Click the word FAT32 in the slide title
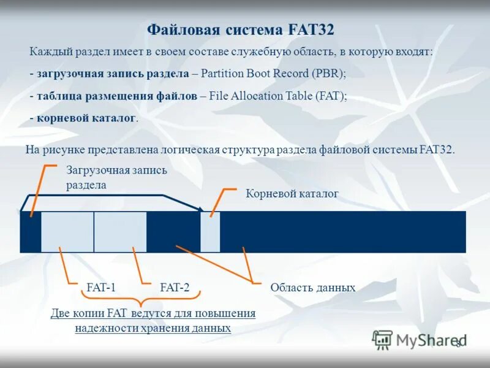310,29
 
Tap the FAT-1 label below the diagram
101,287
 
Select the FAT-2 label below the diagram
175,287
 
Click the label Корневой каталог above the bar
292,194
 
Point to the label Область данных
313,287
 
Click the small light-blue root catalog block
210,232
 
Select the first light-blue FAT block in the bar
67,232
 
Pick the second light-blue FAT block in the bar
120,232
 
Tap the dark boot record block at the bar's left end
30,232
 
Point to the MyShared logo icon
382,339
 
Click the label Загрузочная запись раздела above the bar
116,177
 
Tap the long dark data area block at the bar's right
343,232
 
